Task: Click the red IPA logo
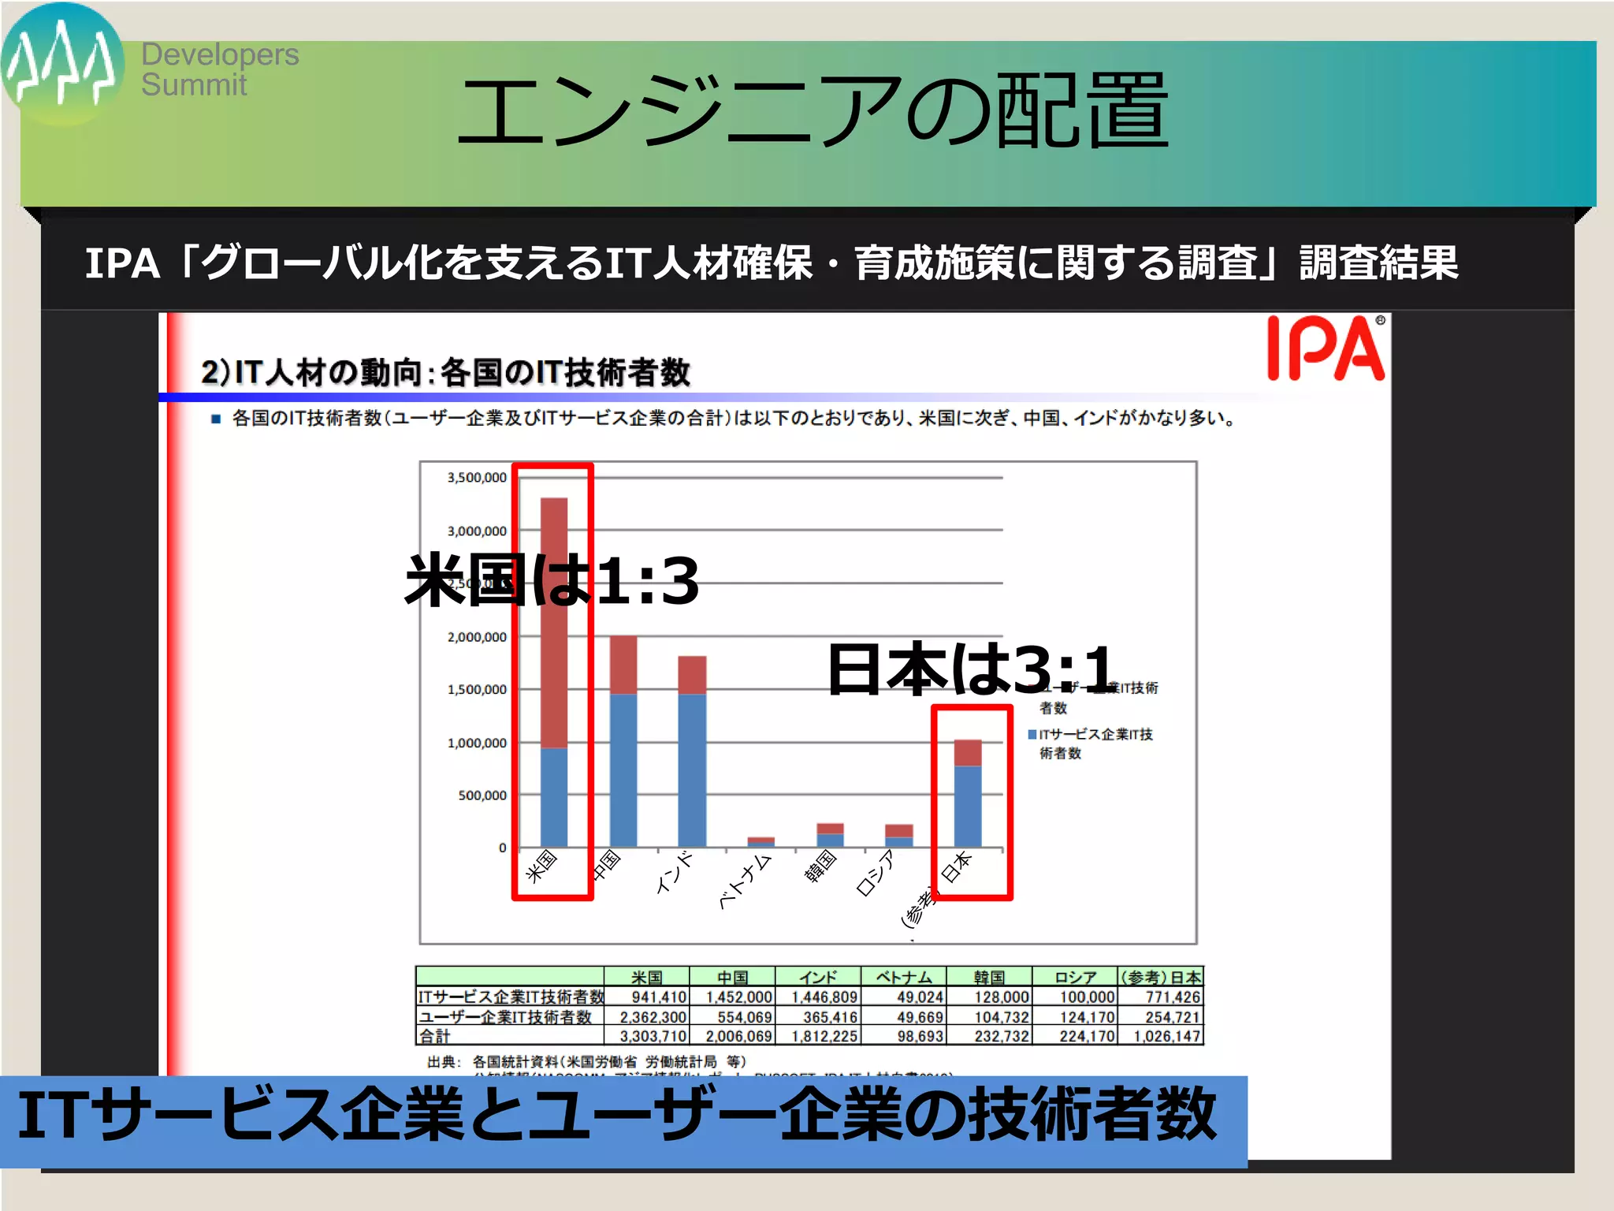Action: point(1326,348)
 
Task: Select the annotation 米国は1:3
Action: point(552,580)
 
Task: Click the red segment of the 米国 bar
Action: point(554,623)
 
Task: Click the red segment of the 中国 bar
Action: point(623,665)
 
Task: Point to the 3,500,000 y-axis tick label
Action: point(477,478)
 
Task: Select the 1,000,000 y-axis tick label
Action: point(477,743)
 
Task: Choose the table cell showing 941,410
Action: point(659,997)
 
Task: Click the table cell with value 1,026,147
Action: point(1166,1036)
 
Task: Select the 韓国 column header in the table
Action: point(989,978)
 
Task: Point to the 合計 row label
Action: point(435,1036)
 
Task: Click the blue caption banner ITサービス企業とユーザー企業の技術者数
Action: point(623,1120)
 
